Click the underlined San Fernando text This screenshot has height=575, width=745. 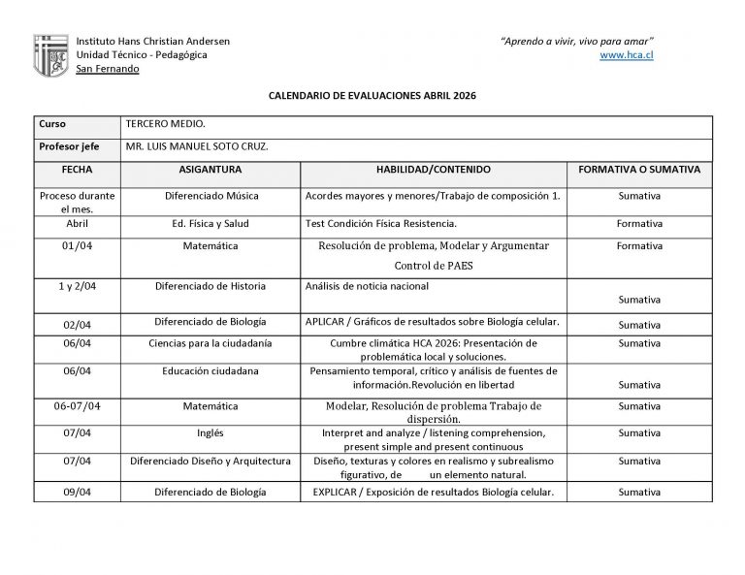pyautogui.click(x=107, y=69)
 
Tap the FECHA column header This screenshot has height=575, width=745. pyautogui.click(x=77, y=169)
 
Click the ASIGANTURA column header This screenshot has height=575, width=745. pyautogui.click(x=211, y=169)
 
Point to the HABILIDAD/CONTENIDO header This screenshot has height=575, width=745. pyautogui.click(x=433, y=169)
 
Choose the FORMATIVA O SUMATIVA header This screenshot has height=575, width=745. pyautogui.click(x=638, y=169)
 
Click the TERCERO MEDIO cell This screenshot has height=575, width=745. pyautogui.click(x=166, y=125)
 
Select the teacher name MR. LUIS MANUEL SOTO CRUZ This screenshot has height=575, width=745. pyautogui.click(x=197, y=146)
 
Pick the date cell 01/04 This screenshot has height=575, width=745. pyautogui.click(x=77, y=246)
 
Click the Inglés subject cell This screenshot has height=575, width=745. pyautogui.click(x=211, y=432)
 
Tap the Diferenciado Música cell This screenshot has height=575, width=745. pyautogui.click(x=211, y=196)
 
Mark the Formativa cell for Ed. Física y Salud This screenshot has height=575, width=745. pyautogui.click(x=638, y=223)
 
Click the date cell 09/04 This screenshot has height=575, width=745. pyautogui.click(x=77, y=493)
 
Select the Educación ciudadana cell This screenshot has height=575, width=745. pyautogui.click(x=211, y=370)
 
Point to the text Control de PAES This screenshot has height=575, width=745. pyautogui.click(x=433, y=265)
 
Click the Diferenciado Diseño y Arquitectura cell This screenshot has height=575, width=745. pyautogui.click(x=211, y=462)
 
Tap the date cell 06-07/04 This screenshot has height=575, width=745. pyautogui.click(x=77, y=405)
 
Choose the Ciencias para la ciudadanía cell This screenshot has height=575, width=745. pyautogui.click(x=211, y=343)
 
